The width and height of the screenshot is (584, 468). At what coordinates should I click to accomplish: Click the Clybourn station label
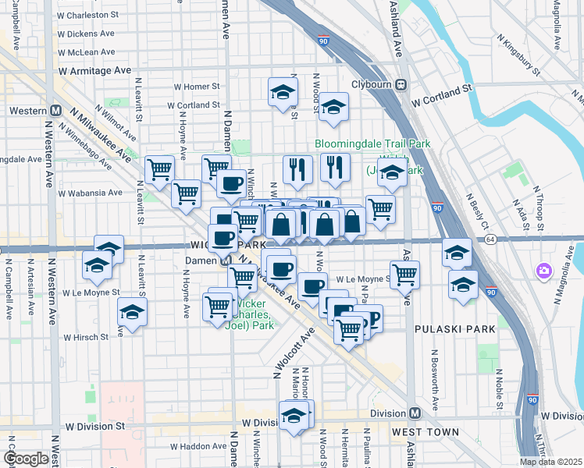coord(369,84)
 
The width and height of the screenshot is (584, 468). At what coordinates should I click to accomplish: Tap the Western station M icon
coord(56,111)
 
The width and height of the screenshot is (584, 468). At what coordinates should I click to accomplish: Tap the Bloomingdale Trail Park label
coord(362,144)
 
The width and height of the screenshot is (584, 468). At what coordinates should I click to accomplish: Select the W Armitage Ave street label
coord(94,70)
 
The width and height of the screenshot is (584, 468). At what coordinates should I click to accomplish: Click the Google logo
coord(27,459)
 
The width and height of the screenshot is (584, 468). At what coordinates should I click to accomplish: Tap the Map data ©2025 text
coord(551,462)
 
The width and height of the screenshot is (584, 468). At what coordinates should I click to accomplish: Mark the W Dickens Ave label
coord(85,34)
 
